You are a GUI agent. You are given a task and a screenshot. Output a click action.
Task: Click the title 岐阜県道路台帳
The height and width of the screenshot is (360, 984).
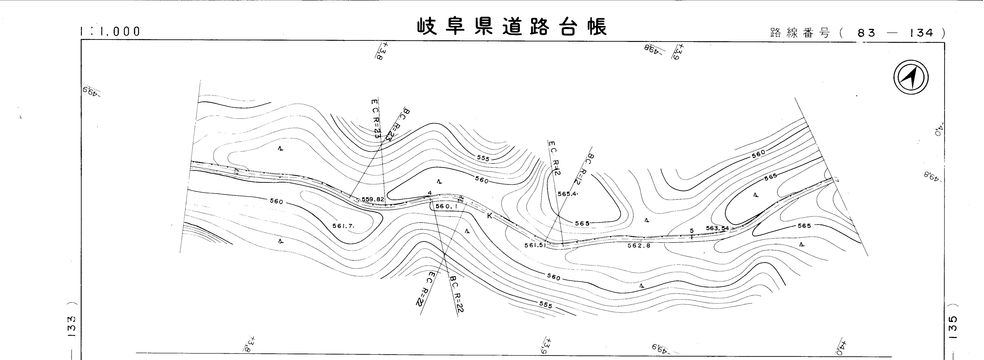coord(512,27)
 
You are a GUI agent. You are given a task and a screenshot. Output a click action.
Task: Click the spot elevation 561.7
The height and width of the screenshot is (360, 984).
coord(343,226)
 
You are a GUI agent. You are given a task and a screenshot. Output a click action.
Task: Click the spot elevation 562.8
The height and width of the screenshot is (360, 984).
coord(639,246)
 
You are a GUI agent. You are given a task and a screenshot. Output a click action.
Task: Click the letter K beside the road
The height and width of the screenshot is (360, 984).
coord(489,216)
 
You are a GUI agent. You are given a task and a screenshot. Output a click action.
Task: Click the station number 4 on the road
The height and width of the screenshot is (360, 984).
coord(430,193)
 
